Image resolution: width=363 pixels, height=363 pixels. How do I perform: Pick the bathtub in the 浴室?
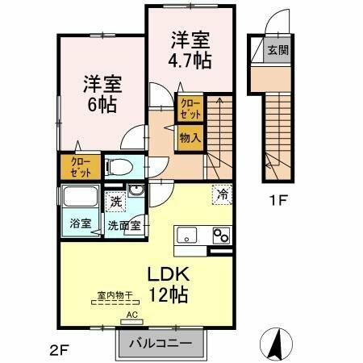[x=78, y=198]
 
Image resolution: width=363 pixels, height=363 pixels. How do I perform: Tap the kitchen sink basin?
[x=186, y=236]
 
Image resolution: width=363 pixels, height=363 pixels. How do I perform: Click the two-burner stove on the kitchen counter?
[x=220, y=236]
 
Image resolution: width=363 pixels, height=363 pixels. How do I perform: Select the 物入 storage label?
[x=190, y=138]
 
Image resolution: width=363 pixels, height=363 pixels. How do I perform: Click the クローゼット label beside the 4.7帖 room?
[x=190, y=108]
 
